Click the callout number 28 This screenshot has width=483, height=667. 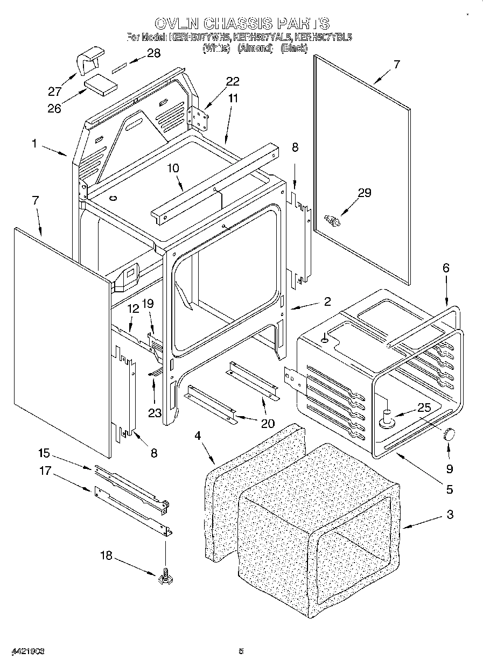pyautogui.click(x=153, y=53)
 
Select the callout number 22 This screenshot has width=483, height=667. pyautogui.click(x=233, y=81)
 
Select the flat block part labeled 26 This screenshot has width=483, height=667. pyautogui.click(x=100, y=85)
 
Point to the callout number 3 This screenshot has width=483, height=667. pyautogui.click(x=450, y=514)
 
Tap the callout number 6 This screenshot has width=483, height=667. pyautogui.click(x=446, y=268)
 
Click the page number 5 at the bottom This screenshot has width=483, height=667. pyautogui.click(x=242, y=651)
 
